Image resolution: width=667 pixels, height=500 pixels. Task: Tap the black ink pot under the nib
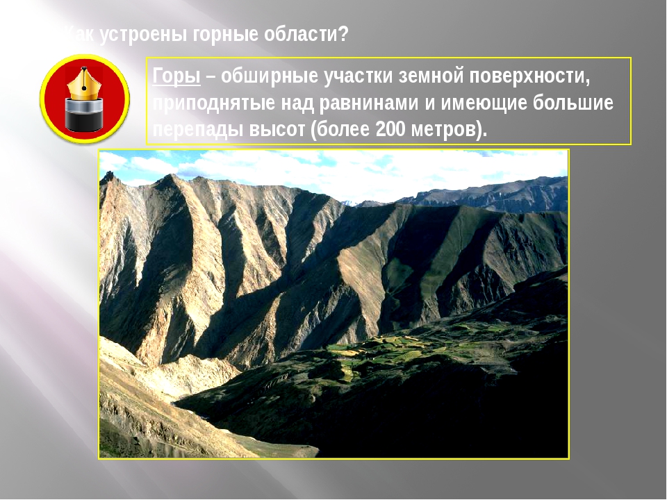[84, 114]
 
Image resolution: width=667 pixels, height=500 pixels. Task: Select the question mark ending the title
[343, 34]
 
